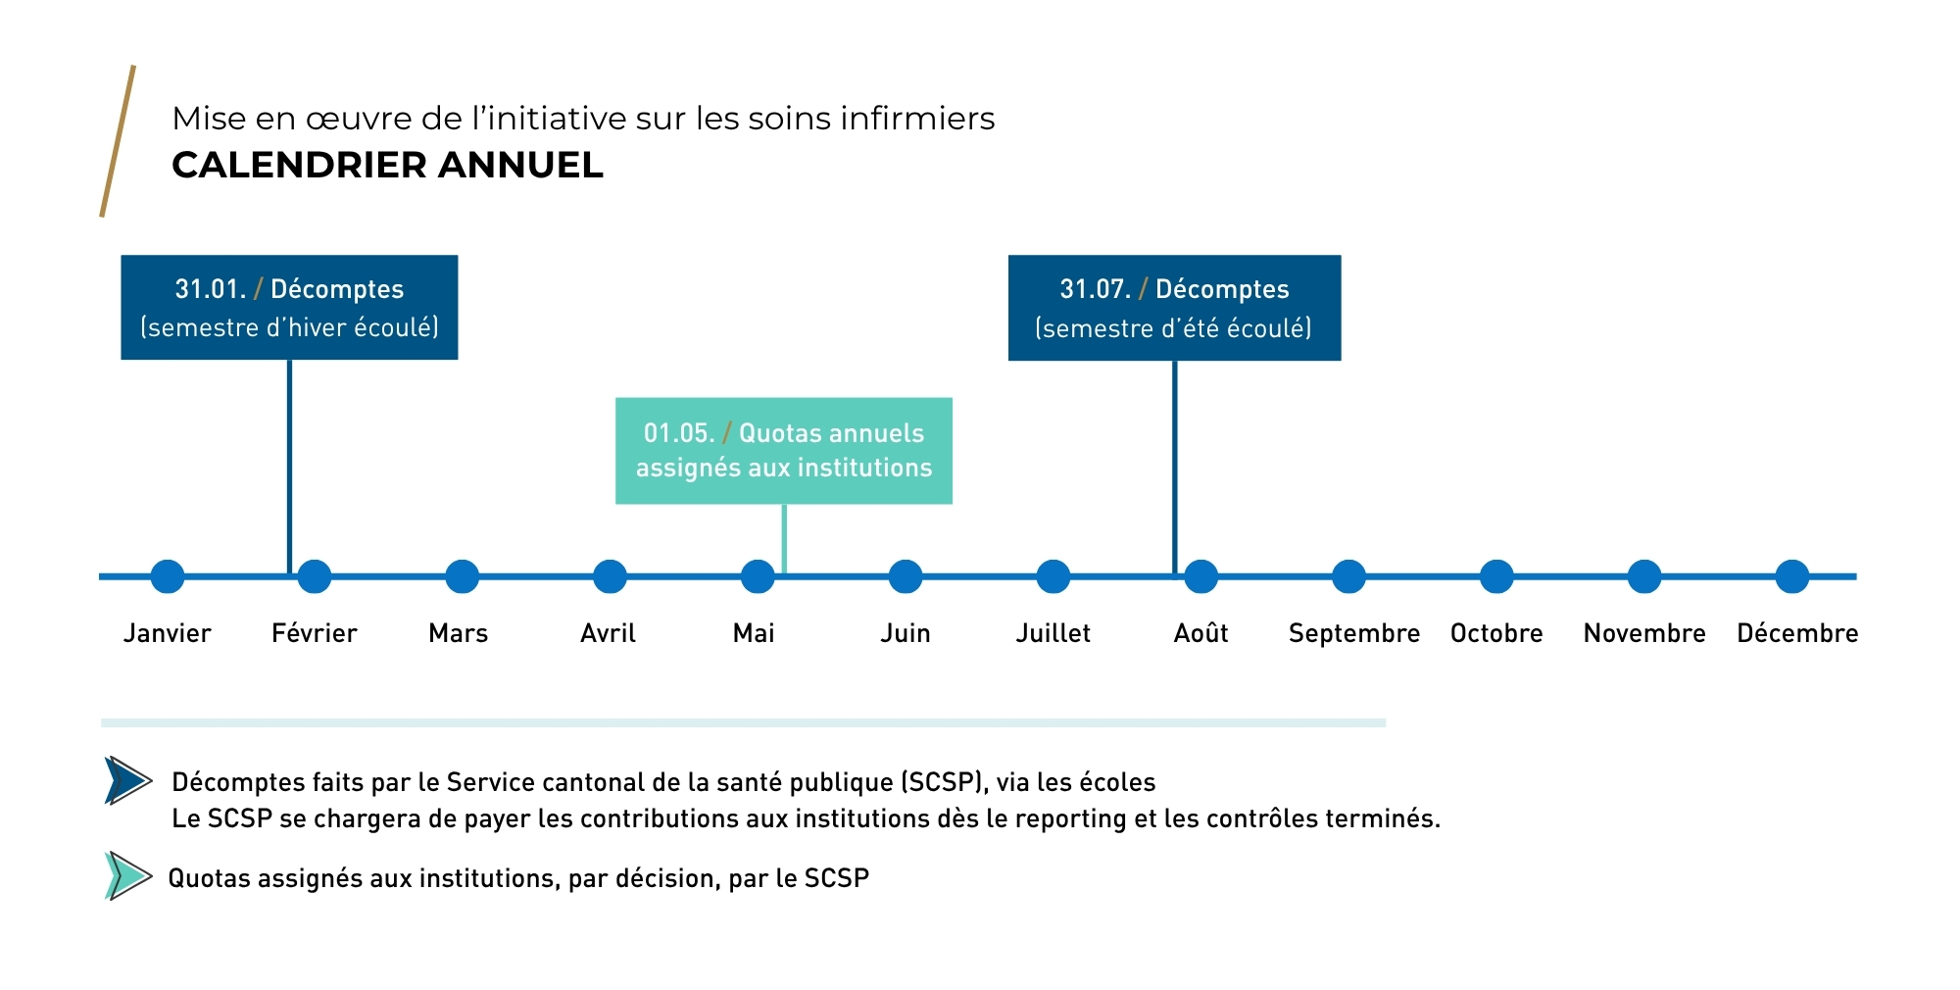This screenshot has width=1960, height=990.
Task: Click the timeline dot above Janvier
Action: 168,576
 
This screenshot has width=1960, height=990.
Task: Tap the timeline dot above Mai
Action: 758,576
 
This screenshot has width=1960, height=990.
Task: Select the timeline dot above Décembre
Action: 1791,576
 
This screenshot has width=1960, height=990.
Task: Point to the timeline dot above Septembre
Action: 1348,576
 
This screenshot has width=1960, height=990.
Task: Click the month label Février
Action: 314,633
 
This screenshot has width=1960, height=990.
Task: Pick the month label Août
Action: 1200,633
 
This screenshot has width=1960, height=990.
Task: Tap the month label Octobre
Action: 1496,633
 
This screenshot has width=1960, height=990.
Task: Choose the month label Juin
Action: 905,633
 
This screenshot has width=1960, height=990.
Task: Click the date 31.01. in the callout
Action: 210,289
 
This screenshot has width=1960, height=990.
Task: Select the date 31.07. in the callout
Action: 1095,289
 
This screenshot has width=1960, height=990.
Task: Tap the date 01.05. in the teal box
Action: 678,433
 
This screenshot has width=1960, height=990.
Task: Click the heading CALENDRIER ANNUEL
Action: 387,165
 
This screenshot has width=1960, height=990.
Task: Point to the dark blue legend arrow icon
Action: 127,780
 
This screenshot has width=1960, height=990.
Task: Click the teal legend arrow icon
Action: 127,875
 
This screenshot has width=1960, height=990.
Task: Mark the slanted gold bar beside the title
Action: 118,141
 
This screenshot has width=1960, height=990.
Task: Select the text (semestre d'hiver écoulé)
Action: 289,327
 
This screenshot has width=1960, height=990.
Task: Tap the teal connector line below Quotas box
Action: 784,538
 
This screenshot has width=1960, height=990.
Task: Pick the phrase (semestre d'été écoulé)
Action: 1173,328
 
